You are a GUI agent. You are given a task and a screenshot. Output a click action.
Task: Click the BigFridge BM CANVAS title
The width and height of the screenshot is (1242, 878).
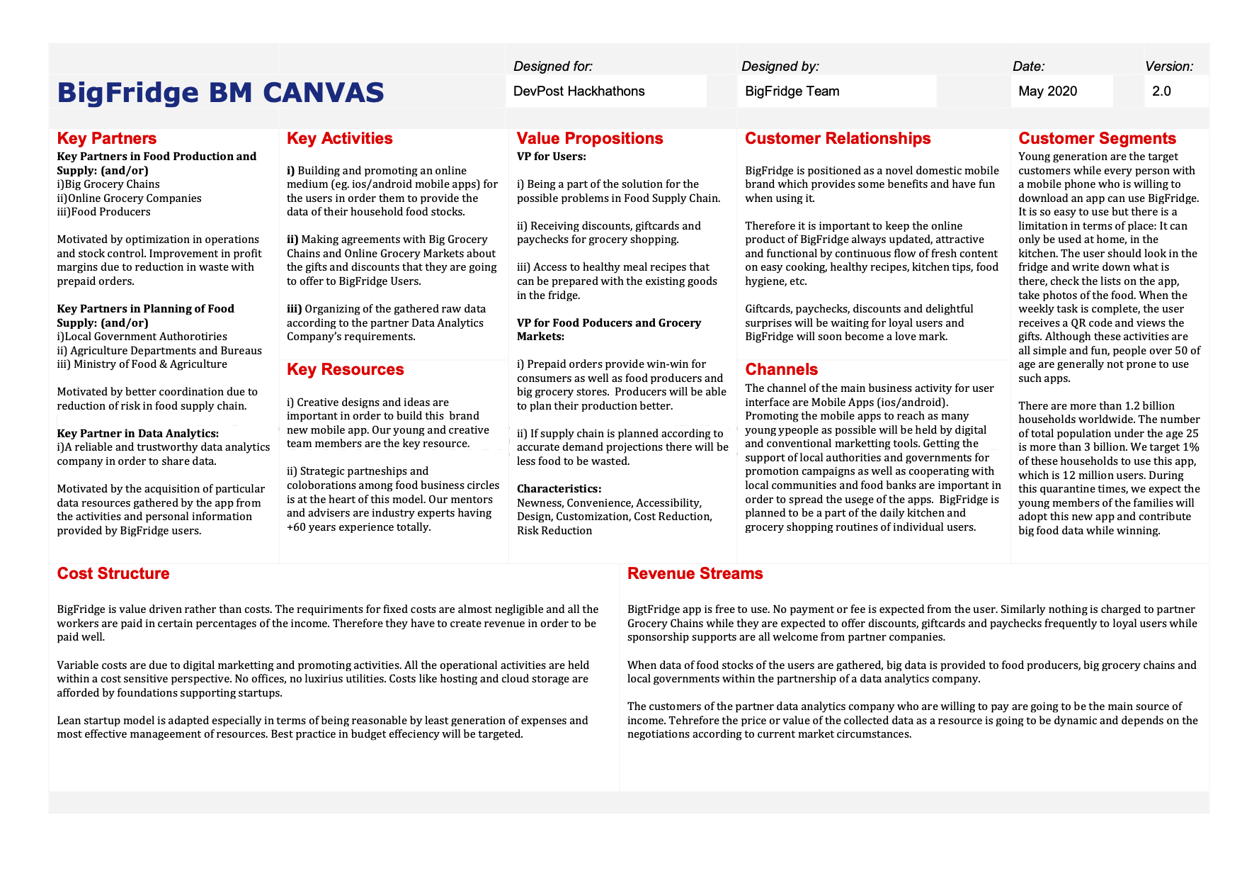click(220, 93)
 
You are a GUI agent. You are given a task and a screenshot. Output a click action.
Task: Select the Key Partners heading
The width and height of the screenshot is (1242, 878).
click(106, 138)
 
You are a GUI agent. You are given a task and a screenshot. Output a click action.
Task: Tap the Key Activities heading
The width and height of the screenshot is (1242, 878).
click(339, 138)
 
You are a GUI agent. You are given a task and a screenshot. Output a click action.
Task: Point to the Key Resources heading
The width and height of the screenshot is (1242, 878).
click(345, 369)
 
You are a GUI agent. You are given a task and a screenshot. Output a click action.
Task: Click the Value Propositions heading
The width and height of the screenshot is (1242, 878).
click(589, 138)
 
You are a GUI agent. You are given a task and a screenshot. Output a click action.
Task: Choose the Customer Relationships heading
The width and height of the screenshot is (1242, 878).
click(838, 138)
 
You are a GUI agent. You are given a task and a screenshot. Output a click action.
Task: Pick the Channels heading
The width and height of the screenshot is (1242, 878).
click(781, 369)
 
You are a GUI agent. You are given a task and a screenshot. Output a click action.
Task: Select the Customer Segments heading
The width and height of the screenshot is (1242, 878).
click(1097, 138)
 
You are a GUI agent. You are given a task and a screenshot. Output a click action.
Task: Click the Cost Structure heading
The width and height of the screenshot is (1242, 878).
click(113, 573)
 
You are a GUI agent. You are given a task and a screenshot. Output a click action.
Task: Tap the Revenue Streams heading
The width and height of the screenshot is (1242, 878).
click(695, 573)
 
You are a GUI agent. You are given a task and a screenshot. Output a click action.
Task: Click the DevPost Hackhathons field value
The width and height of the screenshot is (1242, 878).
click(579, 91)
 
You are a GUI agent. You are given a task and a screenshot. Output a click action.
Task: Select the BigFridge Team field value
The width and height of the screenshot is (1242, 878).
click(792, 91)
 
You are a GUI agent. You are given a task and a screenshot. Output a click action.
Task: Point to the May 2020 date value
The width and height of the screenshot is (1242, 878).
click(1047, 91)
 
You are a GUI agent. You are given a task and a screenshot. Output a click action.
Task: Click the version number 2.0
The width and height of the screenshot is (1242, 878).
click(1161, 91)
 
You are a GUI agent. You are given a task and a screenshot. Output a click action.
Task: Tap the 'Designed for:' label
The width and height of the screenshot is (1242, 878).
click(552, 67)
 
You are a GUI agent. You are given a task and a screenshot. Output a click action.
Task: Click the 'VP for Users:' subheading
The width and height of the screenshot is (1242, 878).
click(551, 157)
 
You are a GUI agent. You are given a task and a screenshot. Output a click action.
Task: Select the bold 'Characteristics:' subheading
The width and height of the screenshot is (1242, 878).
click(559, 489)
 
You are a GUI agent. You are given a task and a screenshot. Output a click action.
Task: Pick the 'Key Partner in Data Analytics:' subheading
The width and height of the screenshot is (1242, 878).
click(137, 434)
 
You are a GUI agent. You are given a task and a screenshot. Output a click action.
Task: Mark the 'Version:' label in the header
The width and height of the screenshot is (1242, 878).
click(1168, 67)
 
